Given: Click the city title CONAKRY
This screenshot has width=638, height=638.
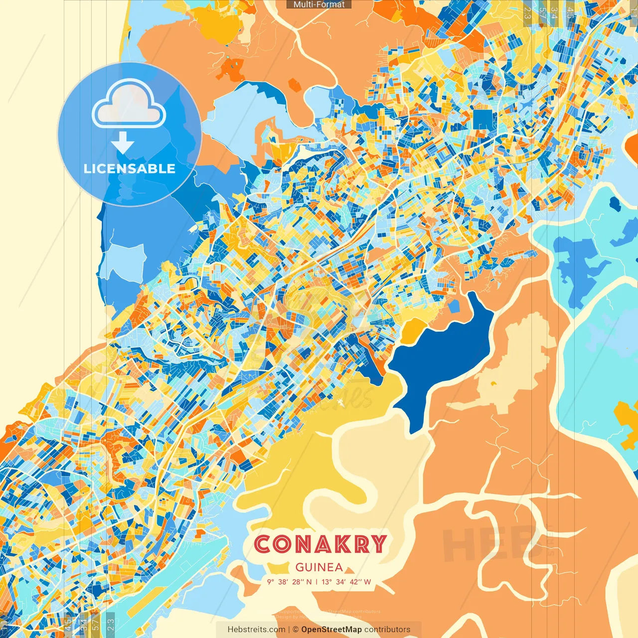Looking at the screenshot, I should tap(320, 544).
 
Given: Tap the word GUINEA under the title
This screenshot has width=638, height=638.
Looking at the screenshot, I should tap(319, 567).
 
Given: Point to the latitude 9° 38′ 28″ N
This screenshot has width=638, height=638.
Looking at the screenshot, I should tap(289, 582).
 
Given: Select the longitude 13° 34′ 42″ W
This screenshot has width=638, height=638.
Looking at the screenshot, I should tap(346, 582).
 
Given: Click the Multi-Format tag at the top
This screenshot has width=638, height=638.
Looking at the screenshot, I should tap(319, 4).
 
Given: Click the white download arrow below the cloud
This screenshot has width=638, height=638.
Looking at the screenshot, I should tap(123, 143).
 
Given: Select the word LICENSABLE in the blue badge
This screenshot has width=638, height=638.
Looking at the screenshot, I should tap(130, 168).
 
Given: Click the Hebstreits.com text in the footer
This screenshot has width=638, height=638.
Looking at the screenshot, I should tap(256, 630).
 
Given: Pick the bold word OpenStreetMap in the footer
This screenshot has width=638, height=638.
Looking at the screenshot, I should tap(331, 630).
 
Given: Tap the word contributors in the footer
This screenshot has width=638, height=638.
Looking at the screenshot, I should tap(387, 630).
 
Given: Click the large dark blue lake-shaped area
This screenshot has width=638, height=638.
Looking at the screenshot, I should tap(439, 359).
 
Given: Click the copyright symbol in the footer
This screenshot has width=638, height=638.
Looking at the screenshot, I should tap(295, 630).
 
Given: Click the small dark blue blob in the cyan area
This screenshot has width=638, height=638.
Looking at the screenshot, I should tap(615, 203).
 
